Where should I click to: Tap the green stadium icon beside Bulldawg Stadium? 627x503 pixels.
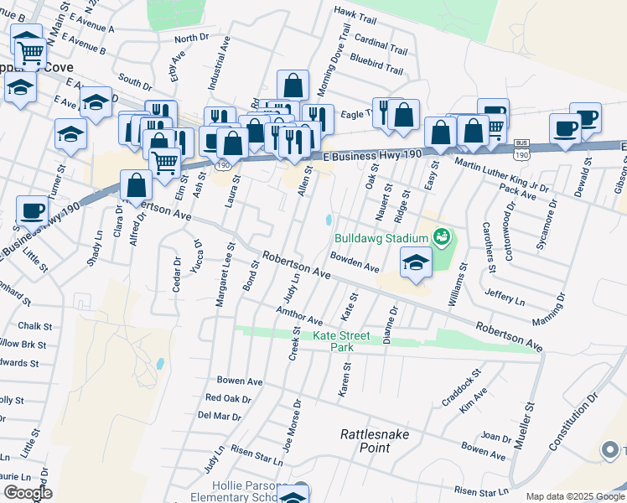coord(443,239)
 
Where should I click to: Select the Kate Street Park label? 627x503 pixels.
coord(341,341)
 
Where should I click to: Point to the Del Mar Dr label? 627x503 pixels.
coord(220,415)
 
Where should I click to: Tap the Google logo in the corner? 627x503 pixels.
coord(27,492)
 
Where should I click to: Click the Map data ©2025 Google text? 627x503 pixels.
coord(575,496)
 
